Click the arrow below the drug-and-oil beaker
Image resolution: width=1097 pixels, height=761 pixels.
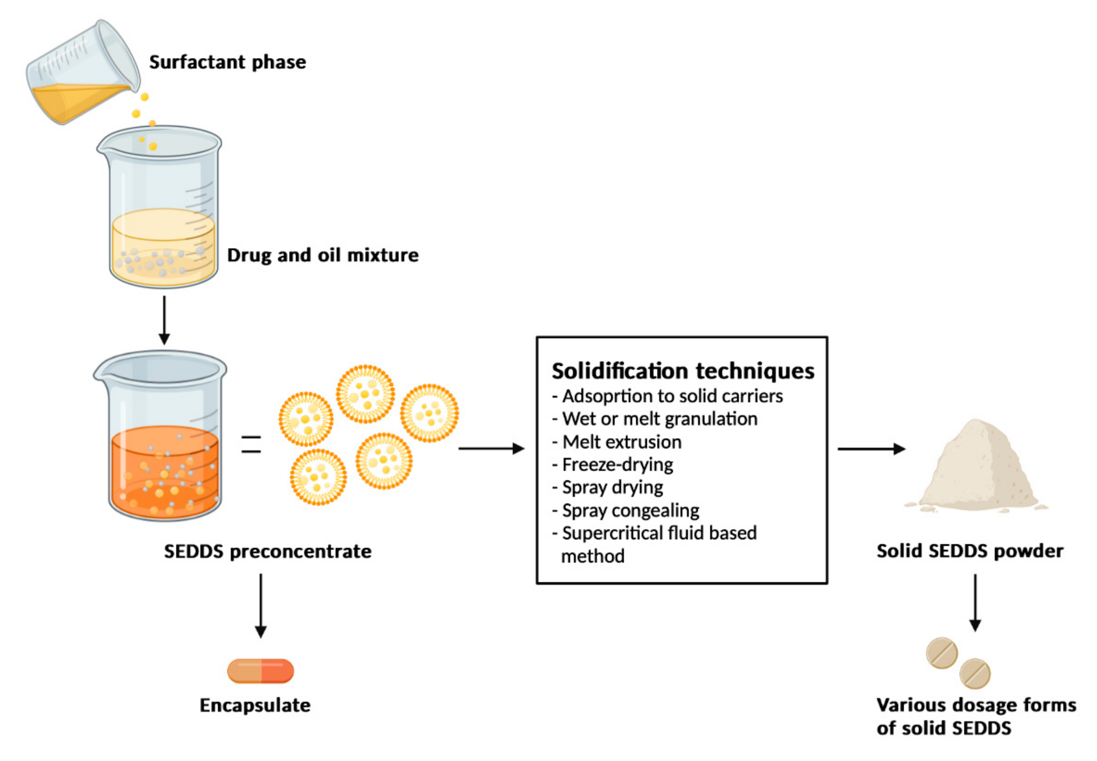[x=164, y=319]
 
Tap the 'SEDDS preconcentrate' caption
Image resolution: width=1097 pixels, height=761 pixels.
[x=267, y=551]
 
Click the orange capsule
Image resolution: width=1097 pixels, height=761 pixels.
[x=260, y=671]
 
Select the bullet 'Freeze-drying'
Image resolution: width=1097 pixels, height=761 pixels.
[x=617, y=464]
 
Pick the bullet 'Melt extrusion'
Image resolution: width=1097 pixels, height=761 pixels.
[x=621, y=442]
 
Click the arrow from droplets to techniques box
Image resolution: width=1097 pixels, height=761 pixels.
[x=491, y=448]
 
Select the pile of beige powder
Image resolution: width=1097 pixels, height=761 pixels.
[x=977, y=467]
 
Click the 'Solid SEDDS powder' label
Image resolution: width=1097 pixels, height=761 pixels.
[x=970, y=551]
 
